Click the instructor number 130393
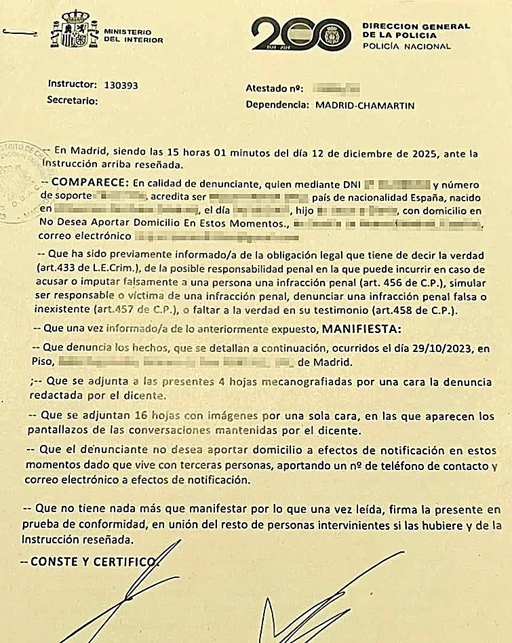tap(121, 85)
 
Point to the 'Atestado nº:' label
tap(272, 89)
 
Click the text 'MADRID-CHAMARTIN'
tap(365, 105)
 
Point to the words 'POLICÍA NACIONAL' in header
tap(406, 46)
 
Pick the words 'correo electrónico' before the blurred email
tap(86, 237)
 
